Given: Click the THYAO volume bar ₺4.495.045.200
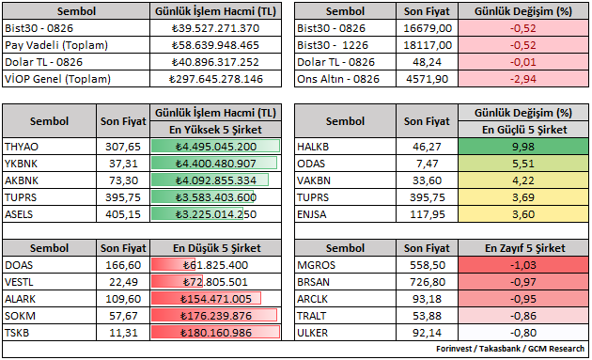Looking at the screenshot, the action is (x=215, y=147).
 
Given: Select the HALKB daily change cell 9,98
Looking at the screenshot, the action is (x=523, y=147).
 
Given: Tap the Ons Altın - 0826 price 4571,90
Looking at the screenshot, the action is (x=427, y=79).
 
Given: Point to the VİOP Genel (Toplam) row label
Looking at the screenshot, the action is (x=57, y=79).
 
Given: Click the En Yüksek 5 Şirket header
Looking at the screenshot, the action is (x=215, y=130).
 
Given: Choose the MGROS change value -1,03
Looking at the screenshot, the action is (x=523, y=265).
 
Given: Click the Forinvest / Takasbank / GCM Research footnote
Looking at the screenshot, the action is (x=510, y=349).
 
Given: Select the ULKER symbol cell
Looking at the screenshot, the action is (x=313, y=333).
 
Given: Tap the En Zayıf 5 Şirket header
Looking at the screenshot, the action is (x=524, y=248).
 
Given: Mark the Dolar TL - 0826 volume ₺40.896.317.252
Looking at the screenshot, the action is (x=215, y=62).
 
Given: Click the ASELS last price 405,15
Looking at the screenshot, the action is (x=123, y=214).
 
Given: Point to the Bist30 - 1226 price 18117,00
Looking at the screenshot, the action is (x=428, y=45).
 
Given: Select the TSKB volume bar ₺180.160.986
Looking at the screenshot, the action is (x=215, y=333).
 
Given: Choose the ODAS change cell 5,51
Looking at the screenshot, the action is (x=523, y=164).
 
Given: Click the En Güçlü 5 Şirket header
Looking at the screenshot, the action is (x=524, y=130).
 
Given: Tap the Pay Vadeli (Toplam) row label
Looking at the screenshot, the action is (x=56, y=45).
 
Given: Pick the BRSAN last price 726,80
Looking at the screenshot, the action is (x=428, y=282).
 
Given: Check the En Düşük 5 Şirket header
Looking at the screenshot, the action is (x=217, y=248).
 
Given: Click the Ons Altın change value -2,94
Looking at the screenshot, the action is (x=523, y=79).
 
